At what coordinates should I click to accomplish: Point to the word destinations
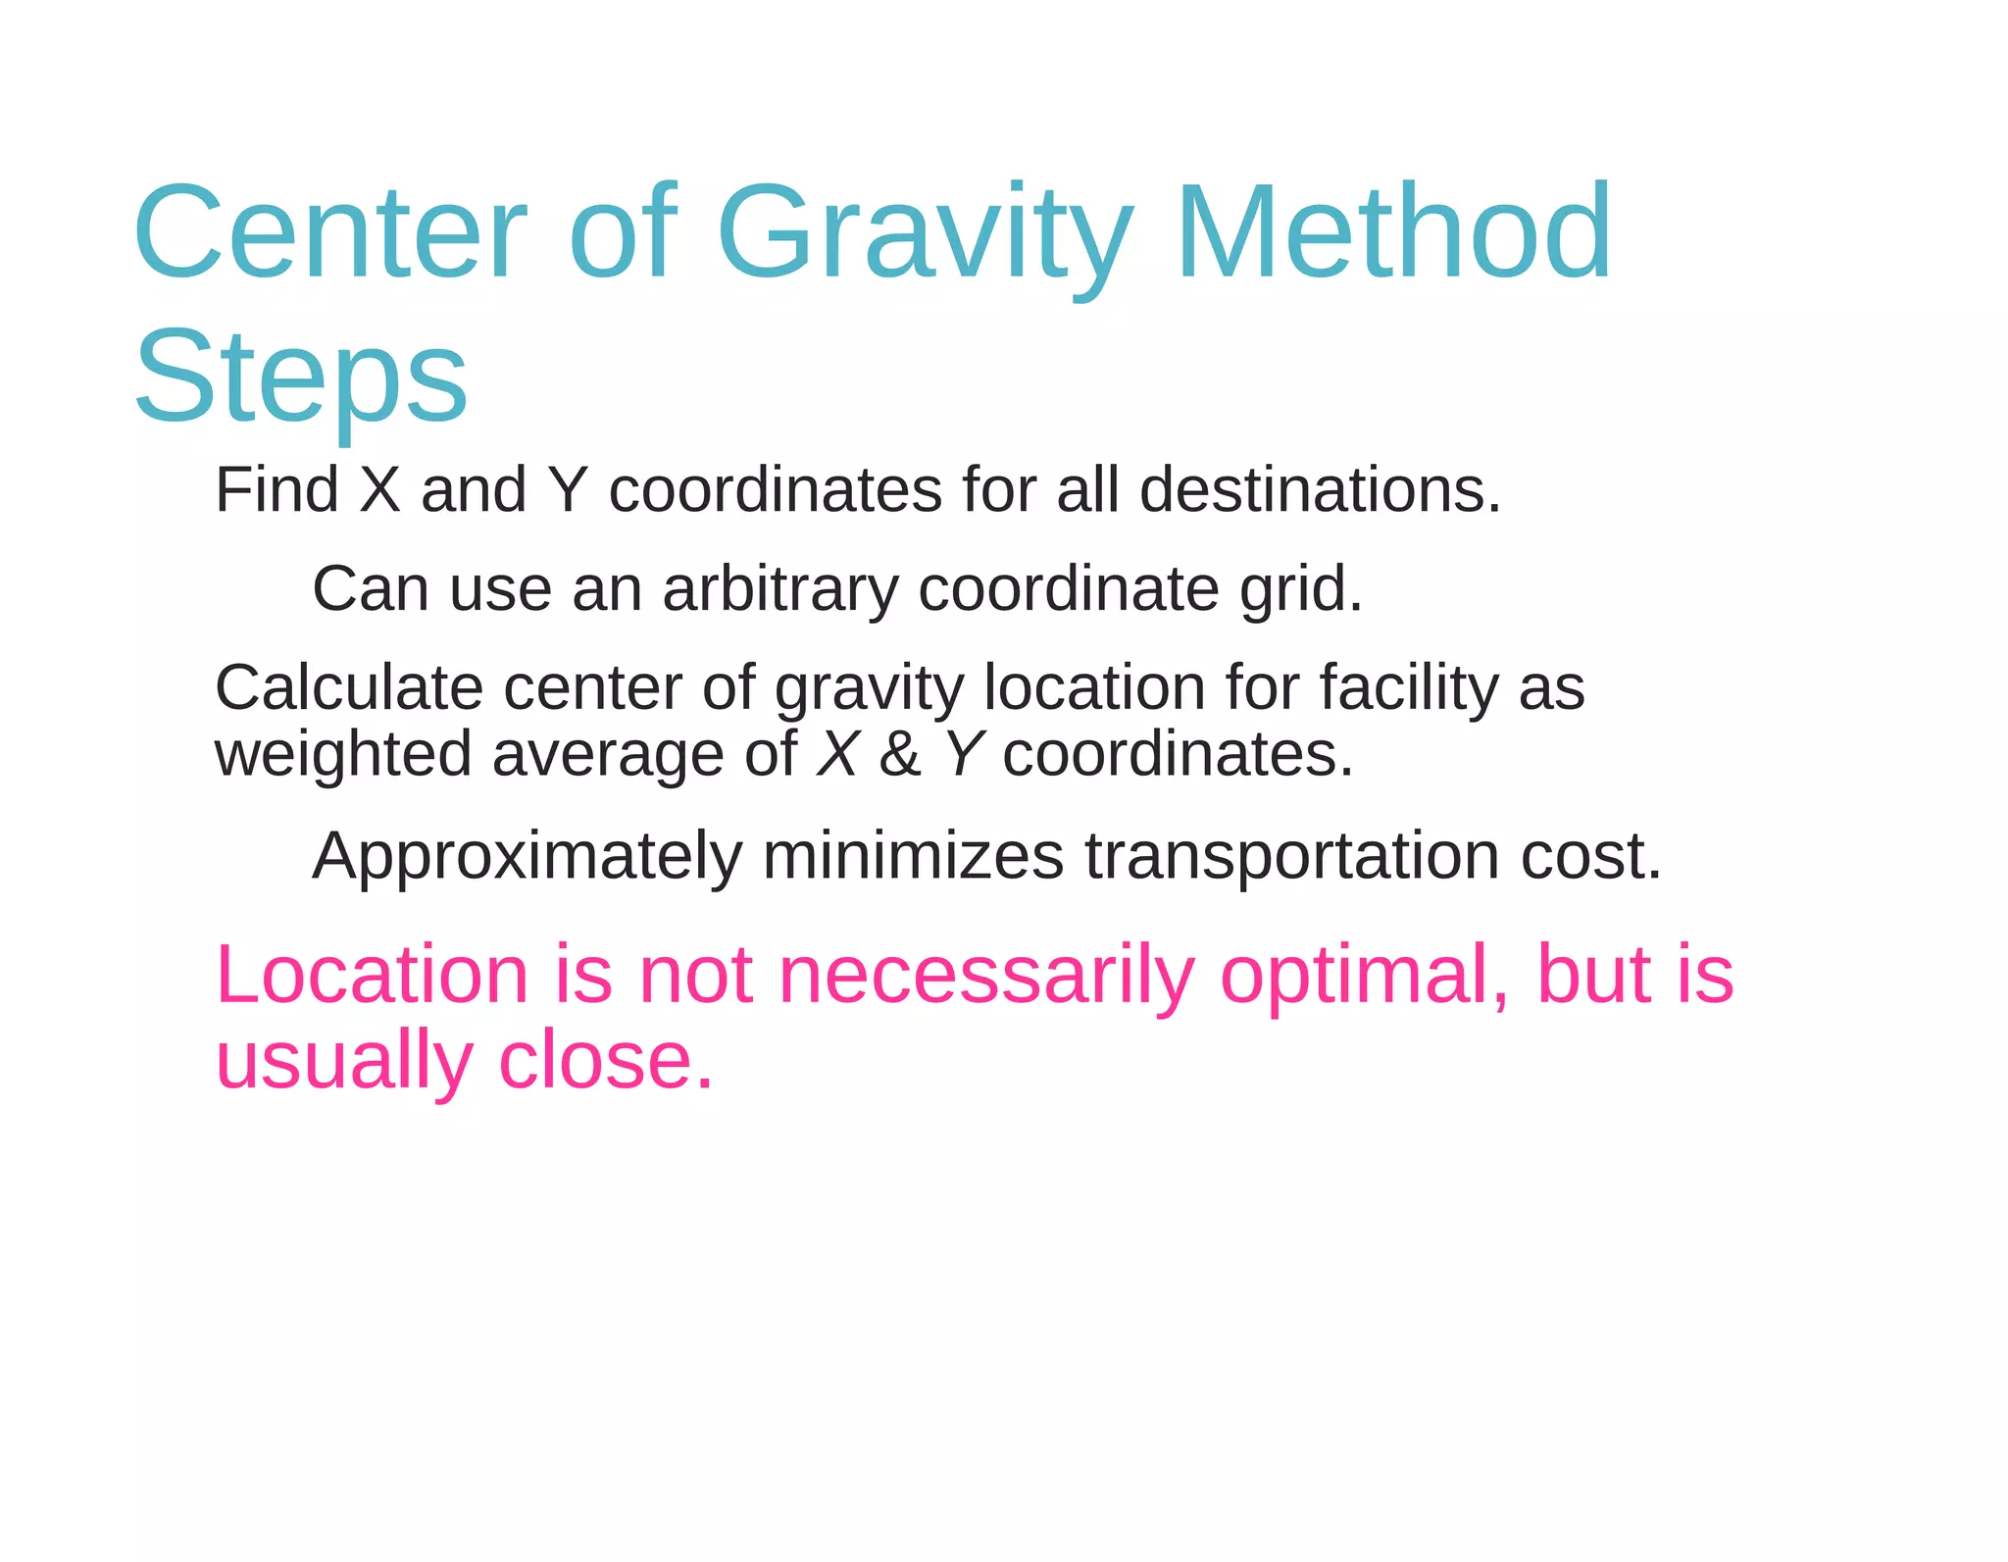tap(1320, 489)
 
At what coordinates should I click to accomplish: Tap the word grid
tap(1301, 590)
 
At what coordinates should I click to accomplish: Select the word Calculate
tap(349, 687)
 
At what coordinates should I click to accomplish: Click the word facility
tap(1409, 689)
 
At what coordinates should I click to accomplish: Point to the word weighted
tap(343, 755)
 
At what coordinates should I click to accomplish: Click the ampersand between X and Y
tap(900, 755)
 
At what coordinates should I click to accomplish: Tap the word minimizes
tap(913, 856)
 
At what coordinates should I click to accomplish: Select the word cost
tap(1590, 856)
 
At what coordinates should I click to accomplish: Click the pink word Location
tap(373, 975)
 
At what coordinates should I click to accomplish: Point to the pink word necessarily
tap(985, 977)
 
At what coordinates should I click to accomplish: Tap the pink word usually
tap(344, 1062)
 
